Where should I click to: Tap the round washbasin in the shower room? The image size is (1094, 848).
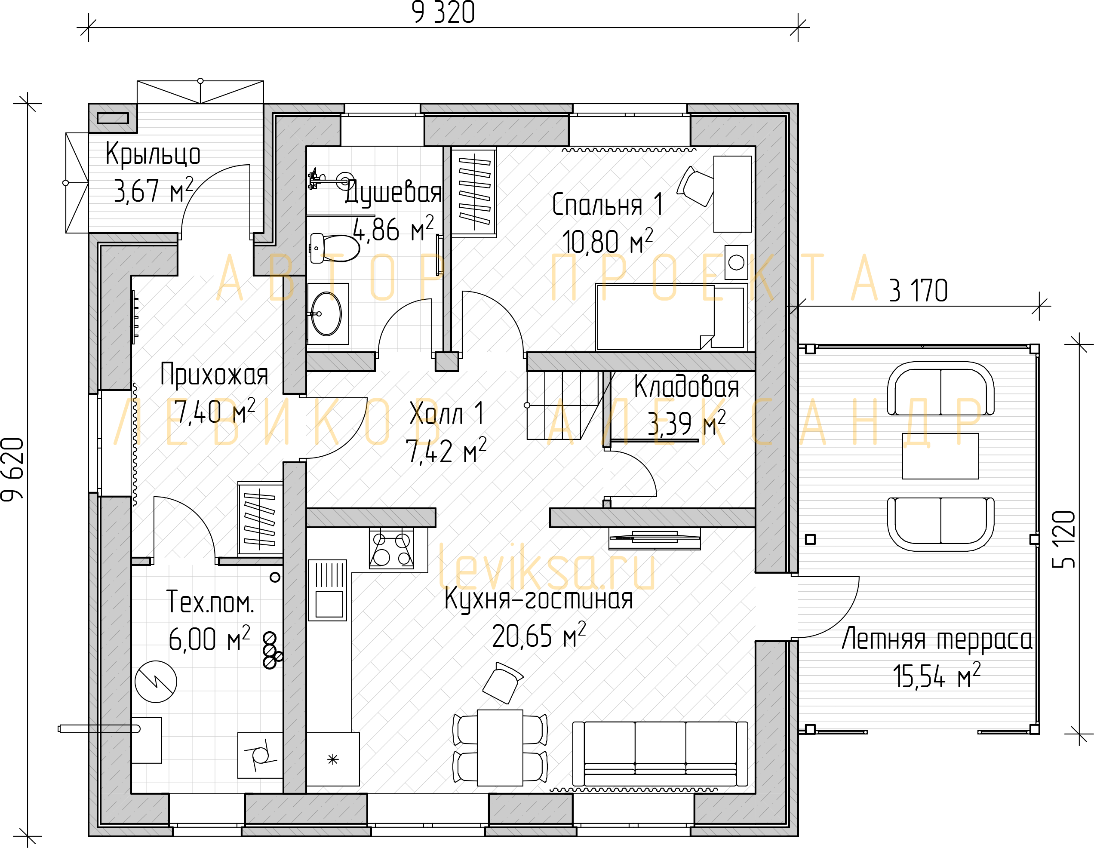tap(326, 313)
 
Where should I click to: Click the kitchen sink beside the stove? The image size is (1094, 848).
tap(328, 590)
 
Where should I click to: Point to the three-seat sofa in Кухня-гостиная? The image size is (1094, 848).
tap(660, 754)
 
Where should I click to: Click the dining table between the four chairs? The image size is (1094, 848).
tap(500, 748)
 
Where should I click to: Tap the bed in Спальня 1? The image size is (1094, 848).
tap(671, 317)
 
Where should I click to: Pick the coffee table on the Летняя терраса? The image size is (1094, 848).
tap(940, 456)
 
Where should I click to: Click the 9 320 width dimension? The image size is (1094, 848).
tap(443, 13)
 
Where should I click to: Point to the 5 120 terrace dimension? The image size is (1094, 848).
tap(1063, 539)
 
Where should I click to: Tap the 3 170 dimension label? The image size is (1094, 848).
tap(918, 291)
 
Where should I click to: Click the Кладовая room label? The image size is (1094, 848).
tap(686, 387)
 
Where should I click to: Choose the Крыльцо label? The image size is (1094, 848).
tap(153, 154)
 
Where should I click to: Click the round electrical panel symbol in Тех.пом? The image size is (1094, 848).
tap(156, 682)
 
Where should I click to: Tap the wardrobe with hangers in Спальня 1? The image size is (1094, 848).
tap(474, 192)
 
